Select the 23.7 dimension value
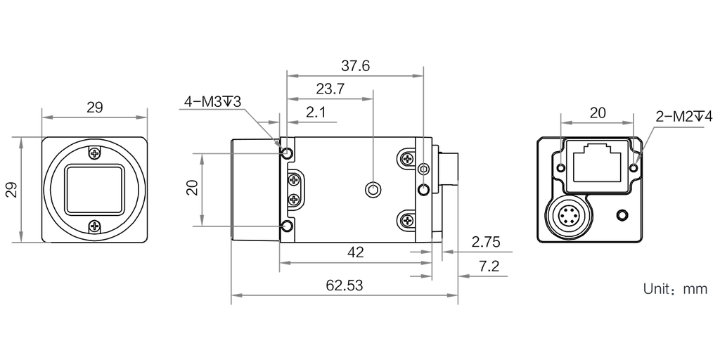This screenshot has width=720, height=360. click(329, 89)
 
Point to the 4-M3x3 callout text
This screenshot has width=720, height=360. click(212, 102)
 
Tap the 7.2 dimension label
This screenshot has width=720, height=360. click(489, 267)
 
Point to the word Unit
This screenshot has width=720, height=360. click(658, 288)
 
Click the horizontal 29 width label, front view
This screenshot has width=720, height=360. click(95, 108)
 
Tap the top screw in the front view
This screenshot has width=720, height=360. click(95, 151)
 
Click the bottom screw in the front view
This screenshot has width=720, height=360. click(95, 226)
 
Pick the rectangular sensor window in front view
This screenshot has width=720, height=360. click(95, 188)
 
